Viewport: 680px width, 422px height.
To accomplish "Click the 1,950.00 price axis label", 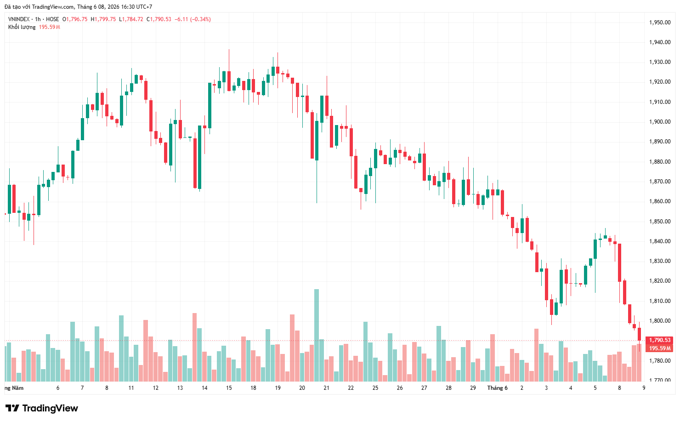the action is click(x=660, y=22).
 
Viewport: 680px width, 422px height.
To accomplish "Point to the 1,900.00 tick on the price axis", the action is click(x=660, y=121).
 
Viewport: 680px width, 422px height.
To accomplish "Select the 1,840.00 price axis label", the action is click(x=660, y=241).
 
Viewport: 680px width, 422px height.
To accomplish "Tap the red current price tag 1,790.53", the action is click(x=660, y=340).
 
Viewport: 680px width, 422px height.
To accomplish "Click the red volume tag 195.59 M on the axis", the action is click(x=660, y=348).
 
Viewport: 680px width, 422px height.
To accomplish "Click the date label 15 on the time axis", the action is click(x=229, y=388).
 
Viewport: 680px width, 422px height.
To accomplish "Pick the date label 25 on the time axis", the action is click(x=375, y=388).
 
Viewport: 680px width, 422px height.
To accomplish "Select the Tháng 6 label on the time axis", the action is click(x=497, y=388).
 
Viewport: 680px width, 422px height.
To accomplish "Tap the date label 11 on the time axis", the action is click(x=131, y=388).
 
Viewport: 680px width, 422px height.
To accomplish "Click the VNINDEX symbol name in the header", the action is click(x=19, y=19).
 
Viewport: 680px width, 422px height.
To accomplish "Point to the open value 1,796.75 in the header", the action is click(x=76, y=19).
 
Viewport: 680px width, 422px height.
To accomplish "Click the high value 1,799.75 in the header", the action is click(x=105, y=19).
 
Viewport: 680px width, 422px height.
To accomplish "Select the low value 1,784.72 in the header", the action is click(x=132, y=19).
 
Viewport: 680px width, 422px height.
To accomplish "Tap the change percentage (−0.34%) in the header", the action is click(x=200, y=19).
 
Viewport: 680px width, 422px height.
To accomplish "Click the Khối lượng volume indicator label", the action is click(x=22, y=27).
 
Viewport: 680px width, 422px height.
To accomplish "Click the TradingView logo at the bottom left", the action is click(x=42, y=408).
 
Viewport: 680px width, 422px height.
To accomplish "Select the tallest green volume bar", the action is click(x=317, y=335).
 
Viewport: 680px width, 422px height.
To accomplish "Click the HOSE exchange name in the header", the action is click(x=52, y=19).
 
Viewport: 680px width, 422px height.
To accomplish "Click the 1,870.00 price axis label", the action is click(x=660, y=182).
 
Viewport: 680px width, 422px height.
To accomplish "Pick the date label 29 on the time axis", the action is click(x=473, y=388).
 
